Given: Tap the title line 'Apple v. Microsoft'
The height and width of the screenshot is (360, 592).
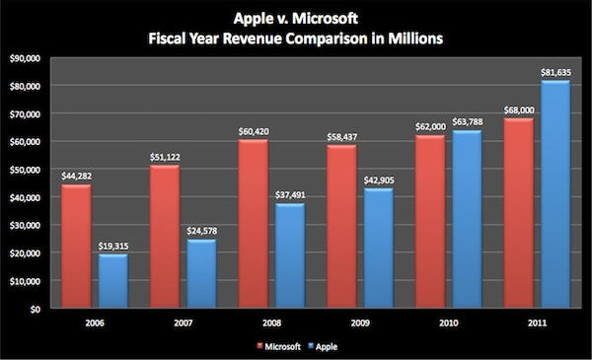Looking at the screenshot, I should click(297, 18).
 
